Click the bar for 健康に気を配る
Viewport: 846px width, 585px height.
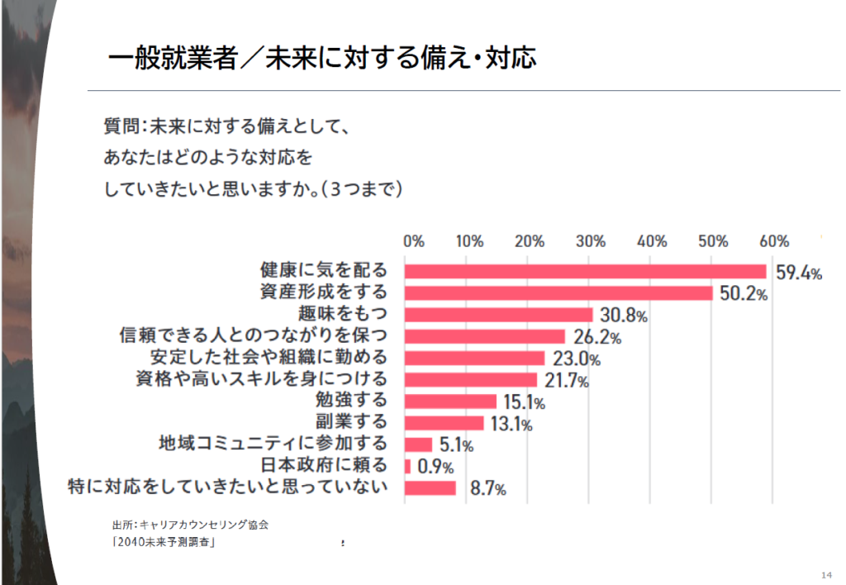click(x=585, y=272)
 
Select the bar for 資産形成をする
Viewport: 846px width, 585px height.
click(x=558, y=293)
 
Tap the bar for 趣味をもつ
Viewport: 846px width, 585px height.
click(x=498, y=315)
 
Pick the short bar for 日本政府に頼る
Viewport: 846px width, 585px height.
click(x=407, y=466)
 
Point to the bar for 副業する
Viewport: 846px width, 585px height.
click(x=444, y=423)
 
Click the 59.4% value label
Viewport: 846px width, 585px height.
click(x=798, y=273)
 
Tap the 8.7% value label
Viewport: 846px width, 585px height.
click(x=487, y=488)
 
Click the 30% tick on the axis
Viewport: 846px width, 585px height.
click(x=591, y=241)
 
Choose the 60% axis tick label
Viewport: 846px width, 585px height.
click(x=774, y=241)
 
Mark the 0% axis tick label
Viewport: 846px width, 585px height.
click(x=413, y=241)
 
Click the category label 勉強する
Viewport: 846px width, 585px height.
click(x=352, y=401)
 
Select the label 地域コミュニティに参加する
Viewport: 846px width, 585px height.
click(x=273, y=444)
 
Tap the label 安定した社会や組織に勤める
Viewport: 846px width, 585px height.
click(x=269, y=358)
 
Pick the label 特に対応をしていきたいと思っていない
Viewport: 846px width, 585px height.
click(x=228, y=487)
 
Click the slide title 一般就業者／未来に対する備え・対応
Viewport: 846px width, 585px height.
click(x=322, y=58)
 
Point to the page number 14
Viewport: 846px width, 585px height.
click(x=826, y=574)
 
